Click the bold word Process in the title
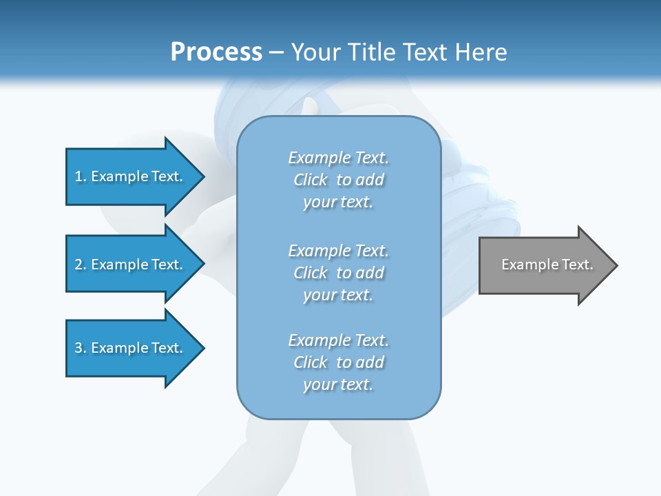pyautogui.click(x=216, y=52)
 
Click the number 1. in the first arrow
pyautogui.click(x=81, y=176)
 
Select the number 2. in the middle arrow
pyautogui.click(x=81, y=265)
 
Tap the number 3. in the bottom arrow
pyautogui.click(x=81, y=348)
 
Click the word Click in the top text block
pyautogui.click(x=311, y=180)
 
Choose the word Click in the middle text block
pyautogui.click(x=311, y=273)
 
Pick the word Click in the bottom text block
pyautogui.click(x=311, y=362)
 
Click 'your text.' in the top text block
pyautogui.click(x=338, y=202)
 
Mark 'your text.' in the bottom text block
pyautogui.click(x=338, y=384)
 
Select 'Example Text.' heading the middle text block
pyautogui.click(x=338, y=251)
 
